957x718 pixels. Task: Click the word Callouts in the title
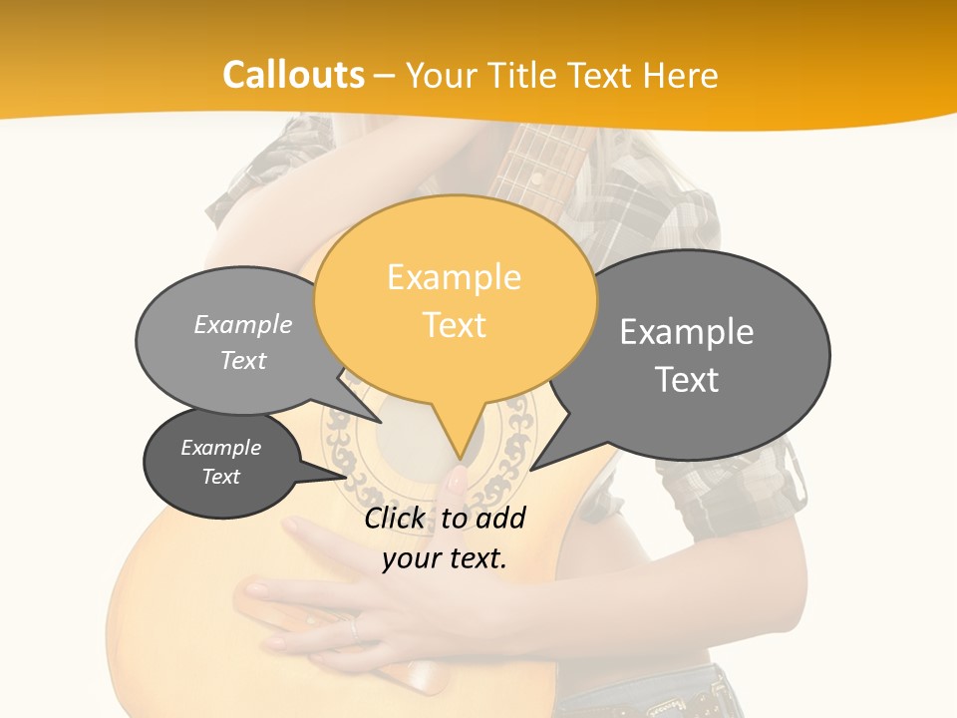pos(293,76)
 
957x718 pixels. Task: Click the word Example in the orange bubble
pos(454,277)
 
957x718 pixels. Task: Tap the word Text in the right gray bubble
pos(687,380)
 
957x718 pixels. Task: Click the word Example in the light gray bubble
pos(243,325)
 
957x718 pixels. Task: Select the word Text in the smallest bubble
pos(221,477)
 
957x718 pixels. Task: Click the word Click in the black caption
pos(394,519)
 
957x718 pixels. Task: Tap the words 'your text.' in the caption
pos(445,558)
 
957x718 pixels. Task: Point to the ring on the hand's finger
pos(354,628)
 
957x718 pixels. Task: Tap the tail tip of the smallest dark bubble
pos(348,477)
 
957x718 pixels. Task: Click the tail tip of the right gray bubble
pos(531,470)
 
